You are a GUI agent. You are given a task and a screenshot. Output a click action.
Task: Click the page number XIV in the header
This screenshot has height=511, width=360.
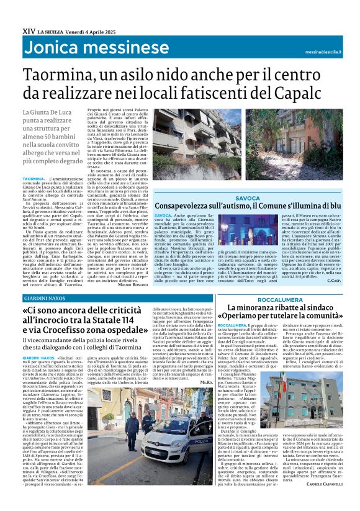29,30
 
